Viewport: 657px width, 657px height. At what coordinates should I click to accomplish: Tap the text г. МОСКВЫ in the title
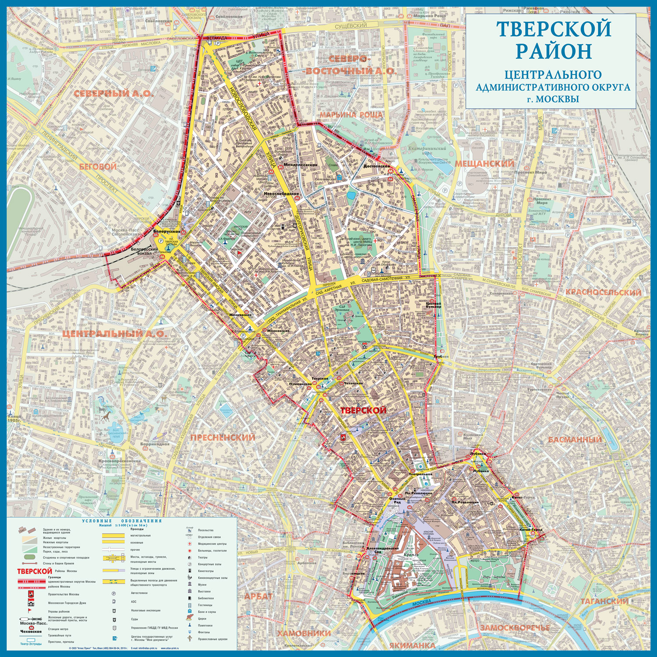[x=553, y=99]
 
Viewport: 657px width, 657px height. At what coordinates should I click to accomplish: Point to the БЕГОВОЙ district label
[x=98, y=166]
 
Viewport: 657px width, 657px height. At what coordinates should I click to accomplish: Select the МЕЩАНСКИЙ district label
[x=484, y=163]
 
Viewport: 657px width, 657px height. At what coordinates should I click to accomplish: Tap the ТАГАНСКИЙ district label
[x=604, y=601]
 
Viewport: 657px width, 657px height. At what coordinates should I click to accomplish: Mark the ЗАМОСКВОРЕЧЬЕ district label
[x=515, y=628]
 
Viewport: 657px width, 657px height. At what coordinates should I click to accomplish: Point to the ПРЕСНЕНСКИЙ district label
[x=223, y=437]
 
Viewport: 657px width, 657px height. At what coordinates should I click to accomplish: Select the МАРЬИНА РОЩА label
[x=351, y=115]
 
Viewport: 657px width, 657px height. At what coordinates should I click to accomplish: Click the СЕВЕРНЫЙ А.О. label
[x=113, y=93]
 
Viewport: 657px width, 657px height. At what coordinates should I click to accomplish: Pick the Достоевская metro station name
[x=376, y=166]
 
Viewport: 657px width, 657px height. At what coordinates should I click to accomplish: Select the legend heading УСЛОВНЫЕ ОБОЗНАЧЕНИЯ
[x=122, y=521]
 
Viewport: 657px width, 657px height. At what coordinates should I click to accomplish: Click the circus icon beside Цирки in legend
[x=189, y=618]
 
